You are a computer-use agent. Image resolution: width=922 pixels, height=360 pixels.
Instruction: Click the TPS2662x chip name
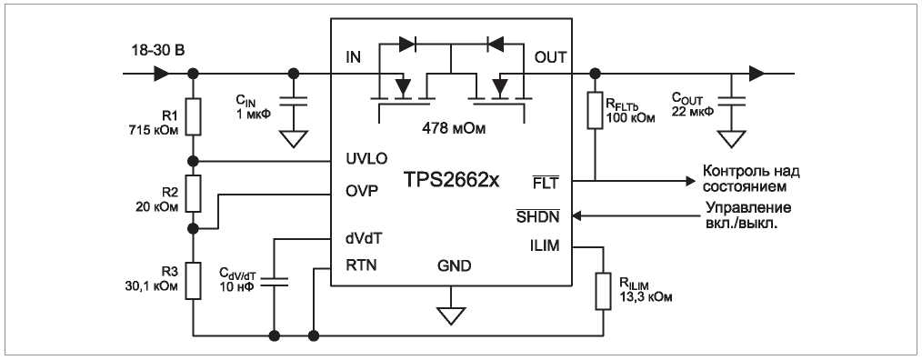click(451, 180)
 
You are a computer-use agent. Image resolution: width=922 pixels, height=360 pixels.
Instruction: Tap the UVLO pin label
click(366, 159)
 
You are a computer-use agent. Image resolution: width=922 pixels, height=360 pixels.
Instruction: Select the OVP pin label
click(362, 192)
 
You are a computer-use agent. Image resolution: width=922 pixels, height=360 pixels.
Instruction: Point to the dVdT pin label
click(366, 239)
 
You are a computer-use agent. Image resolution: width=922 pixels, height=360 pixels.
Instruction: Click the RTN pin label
click(362, 265)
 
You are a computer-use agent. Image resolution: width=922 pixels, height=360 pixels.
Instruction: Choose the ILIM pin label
click(545, 246)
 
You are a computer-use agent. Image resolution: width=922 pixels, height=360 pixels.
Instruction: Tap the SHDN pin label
click(537, 215)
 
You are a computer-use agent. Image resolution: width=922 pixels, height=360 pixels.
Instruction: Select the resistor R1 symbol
click(194, 117)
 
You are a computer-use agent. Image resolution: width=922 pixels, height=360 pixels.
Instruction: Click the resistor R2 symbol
click(194, 193)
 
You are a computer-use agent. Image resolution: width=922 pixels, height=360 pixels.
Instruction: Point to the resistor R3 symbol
click(194, 281)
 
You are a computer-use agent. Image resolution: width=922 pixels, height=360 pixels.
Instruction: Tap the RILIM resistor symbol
click(603, 291)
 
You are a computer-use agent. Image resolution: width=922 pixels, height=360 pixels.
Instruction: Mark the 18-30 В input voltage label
click(158, 51)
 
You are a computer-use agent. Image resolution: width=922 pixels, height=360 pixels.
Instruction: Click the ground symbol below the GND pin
click(450, 315)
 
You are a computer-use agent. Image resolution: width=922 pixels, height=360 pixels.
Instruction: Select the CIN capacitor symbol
click(293, 101)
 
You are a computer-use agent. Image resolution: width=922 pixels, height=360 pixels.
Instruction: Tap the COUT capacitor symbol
click(731, 101)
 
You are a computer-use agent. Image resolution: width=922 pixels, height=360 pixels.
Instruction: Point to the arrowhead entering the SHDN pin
click(576, 215)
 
